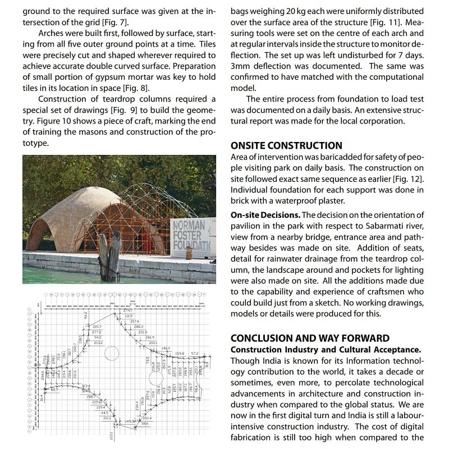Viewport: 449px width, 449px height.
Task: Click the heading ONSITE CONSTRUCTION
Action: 286,145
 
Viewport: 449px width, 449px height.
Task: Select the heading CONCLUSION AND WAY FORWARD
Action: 310,338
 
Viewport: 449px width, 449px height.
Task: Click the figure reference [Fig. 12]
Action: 409,178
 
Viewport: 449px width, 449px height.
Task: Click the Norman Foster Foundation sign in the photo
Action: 193,236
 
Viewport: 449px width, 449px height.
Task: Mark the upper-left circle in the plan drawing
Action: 112,353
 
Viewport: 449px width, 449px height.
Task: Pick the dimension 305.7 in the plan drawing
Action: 97,326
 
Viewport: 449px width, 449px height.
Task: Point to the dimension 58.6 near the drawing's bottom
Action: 144,424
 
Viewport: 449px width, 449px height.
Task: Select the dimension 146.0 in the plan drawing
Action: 166,349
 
